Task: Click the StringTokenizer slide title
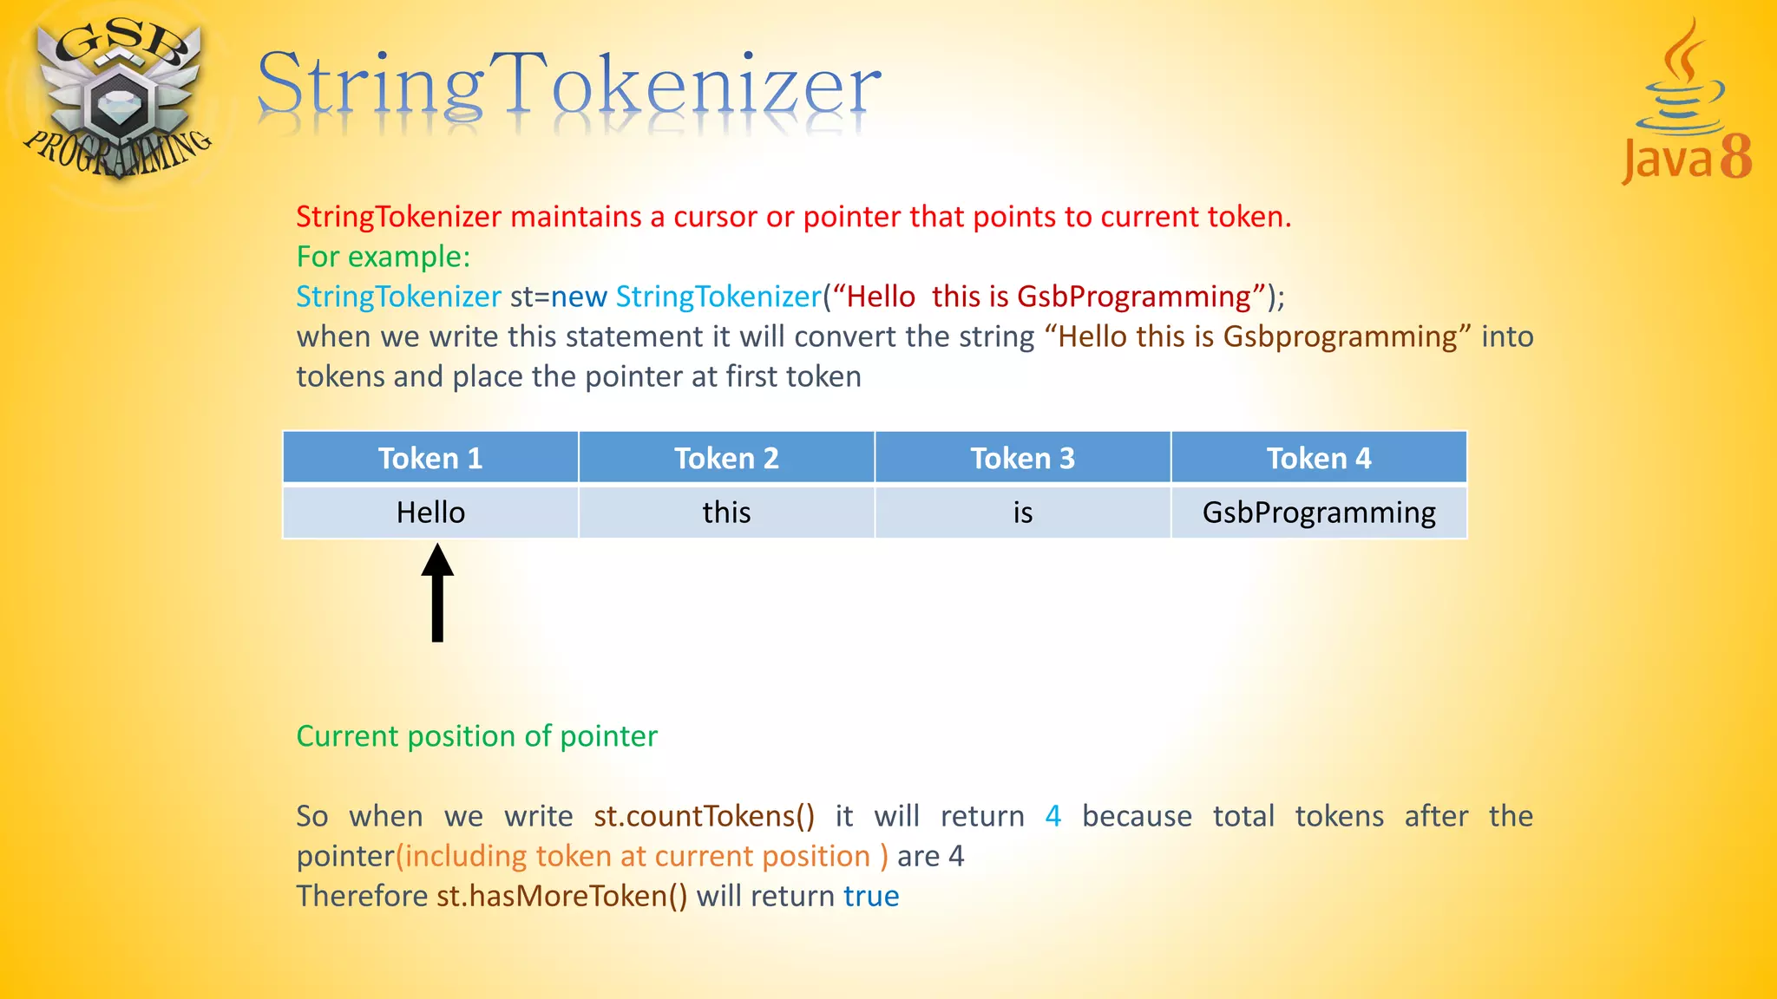(x=568, y=85)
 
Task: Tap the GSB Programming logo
(x=117, y=100)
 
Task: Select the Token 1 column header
(x=430, y=458)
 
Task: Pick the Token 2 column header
(x=726, y=458)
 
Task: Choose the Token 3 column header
(x=1022, y=458)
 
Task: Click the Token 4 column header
(x=1319, y=458)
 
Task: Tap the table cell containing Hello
(x=430, y=513)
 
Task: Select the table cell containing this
(x=726, y=513)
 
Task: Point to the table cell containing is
(x=1022, y=513)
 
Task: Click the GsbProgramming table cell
(x=1319, y=513)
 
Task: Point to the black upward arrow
(x=437, y=593)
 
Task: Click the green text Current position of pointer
(x=476, y=736)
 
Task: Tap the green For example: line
(x=383, y=257)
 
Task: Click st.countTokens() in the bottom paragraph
(x=704, y=816)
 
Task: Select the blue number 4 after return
(x=1052, y=816)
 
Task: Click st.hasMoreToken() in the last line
(x=561, y=896)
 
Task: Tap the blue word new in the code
(x=579, y=297)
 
